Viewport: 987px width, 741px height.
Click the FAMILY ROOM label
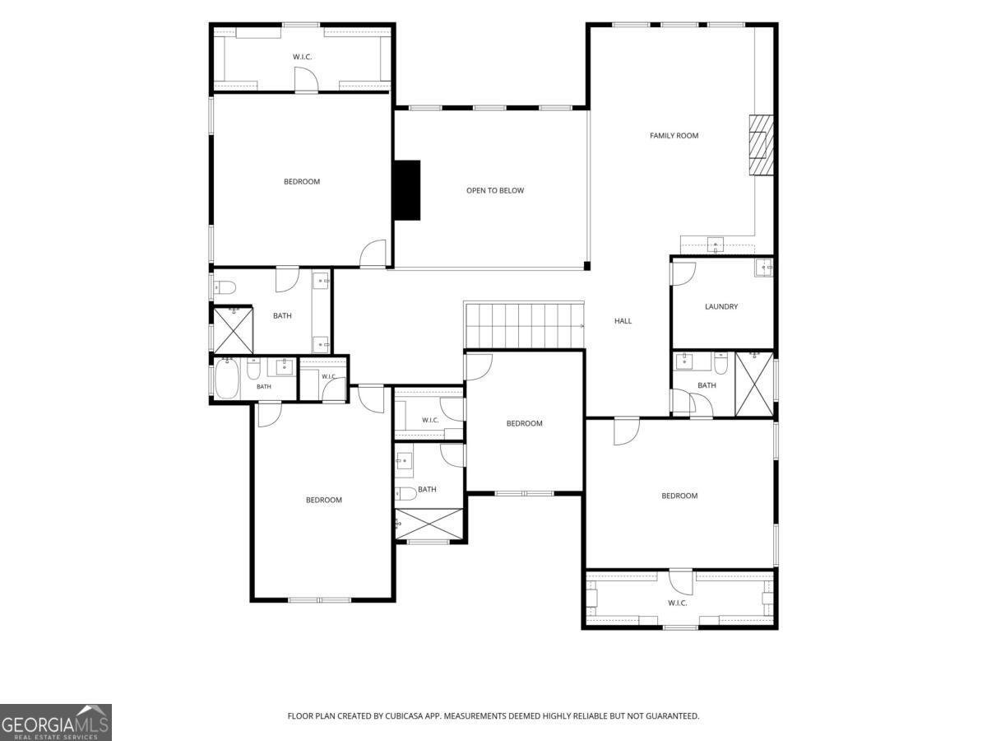[674, 135]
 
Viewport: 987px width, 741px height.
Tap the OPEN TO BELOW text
[494, 190]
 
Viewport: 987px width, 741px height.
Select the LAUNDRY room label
[721, 306]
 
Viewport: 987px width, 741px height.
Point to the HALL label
[623, 321]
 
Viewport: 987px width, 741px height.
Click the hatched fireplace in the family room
[761, 146]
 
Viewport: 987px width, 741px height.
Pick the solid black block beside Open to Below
[407, 190]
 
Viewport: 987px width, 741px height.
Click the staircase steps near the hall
[524, 325]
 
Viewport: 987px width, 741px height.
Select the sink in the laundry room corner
[763, 268]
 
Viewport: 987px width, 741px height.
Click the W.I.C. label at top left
[302, 57]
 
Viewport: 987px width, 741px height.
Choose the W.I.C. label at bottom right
[677, 603]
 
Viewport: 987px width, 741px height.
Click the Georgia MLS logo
[56, 723]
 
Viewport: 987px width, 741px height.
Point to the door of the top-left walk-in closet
[307, 79]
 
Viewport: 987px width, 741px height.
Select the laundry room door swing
[683, 273]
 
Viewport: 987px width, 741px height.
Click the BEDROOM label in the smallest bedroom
[524, 423]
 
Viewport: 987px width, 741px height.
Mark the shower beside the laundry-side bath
[754, 384]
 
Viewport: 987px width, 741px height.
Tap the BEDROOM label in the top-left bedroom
[302, 182]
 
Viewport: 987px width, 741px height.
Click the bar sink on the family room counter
[716, 245]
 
